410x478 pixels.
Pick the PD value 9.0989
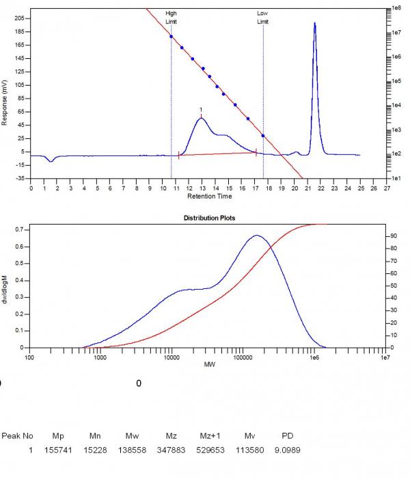(x=287, y=450)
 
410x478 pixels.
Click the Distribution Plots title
(x=208, y=218)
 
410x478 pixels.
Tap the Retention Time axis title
(x=209, y=196)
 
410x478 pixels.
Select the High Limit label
(x=171, y=17)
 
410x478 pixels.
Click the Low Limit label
(x=263, y=17)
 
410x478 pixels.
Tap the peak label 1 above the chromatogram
(x=201, y=110)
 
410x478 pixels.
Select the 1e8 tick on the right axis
(x=395, y=8)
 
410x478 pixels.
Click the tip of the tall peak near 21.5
(x=315, y=23)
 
